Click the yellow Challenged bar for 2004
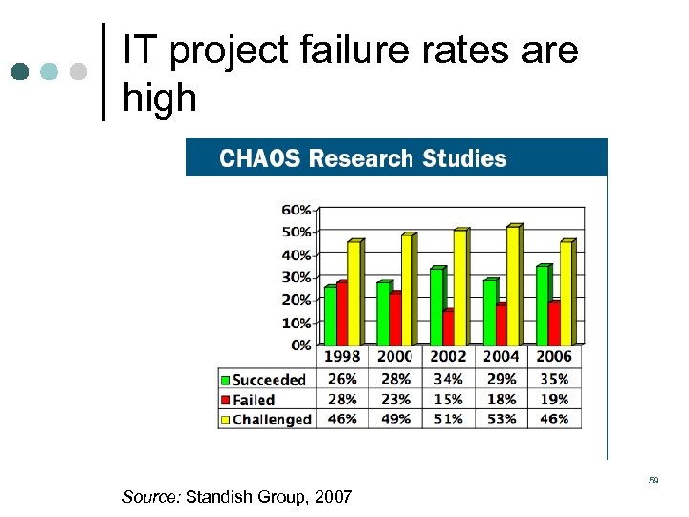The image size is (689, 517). (513, 285)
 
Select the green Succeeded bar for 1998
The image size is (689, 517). (330, 315)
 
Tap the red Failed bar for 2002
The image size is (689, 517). (448, 327)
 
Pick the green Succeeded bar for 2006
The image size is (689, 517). (542, 304)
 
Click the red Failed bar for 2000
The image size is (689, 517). (395, 318)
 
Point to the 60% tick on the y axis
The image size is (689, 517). (297, 209)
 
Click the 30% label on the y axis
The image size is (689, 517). (297, 277)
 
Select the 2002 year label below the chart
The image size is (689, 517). (449, 357)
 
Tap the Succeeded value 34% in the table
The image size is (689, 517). (448, 379)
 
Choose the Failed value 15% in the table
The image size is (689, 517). (448, 399)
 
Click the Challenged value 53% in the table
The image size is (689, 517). (500, 418)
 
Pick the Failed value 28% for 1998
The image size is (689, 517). (342, 399)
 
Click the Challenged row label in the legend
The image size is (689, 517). (273, 419)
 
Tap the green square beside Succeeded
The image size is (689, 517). (226, 380)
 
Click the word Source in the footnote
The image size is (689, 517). (150, 497)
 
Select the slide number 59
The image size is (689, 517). (654, 480)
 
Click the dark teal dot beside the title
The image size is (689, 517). (21, 71)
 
